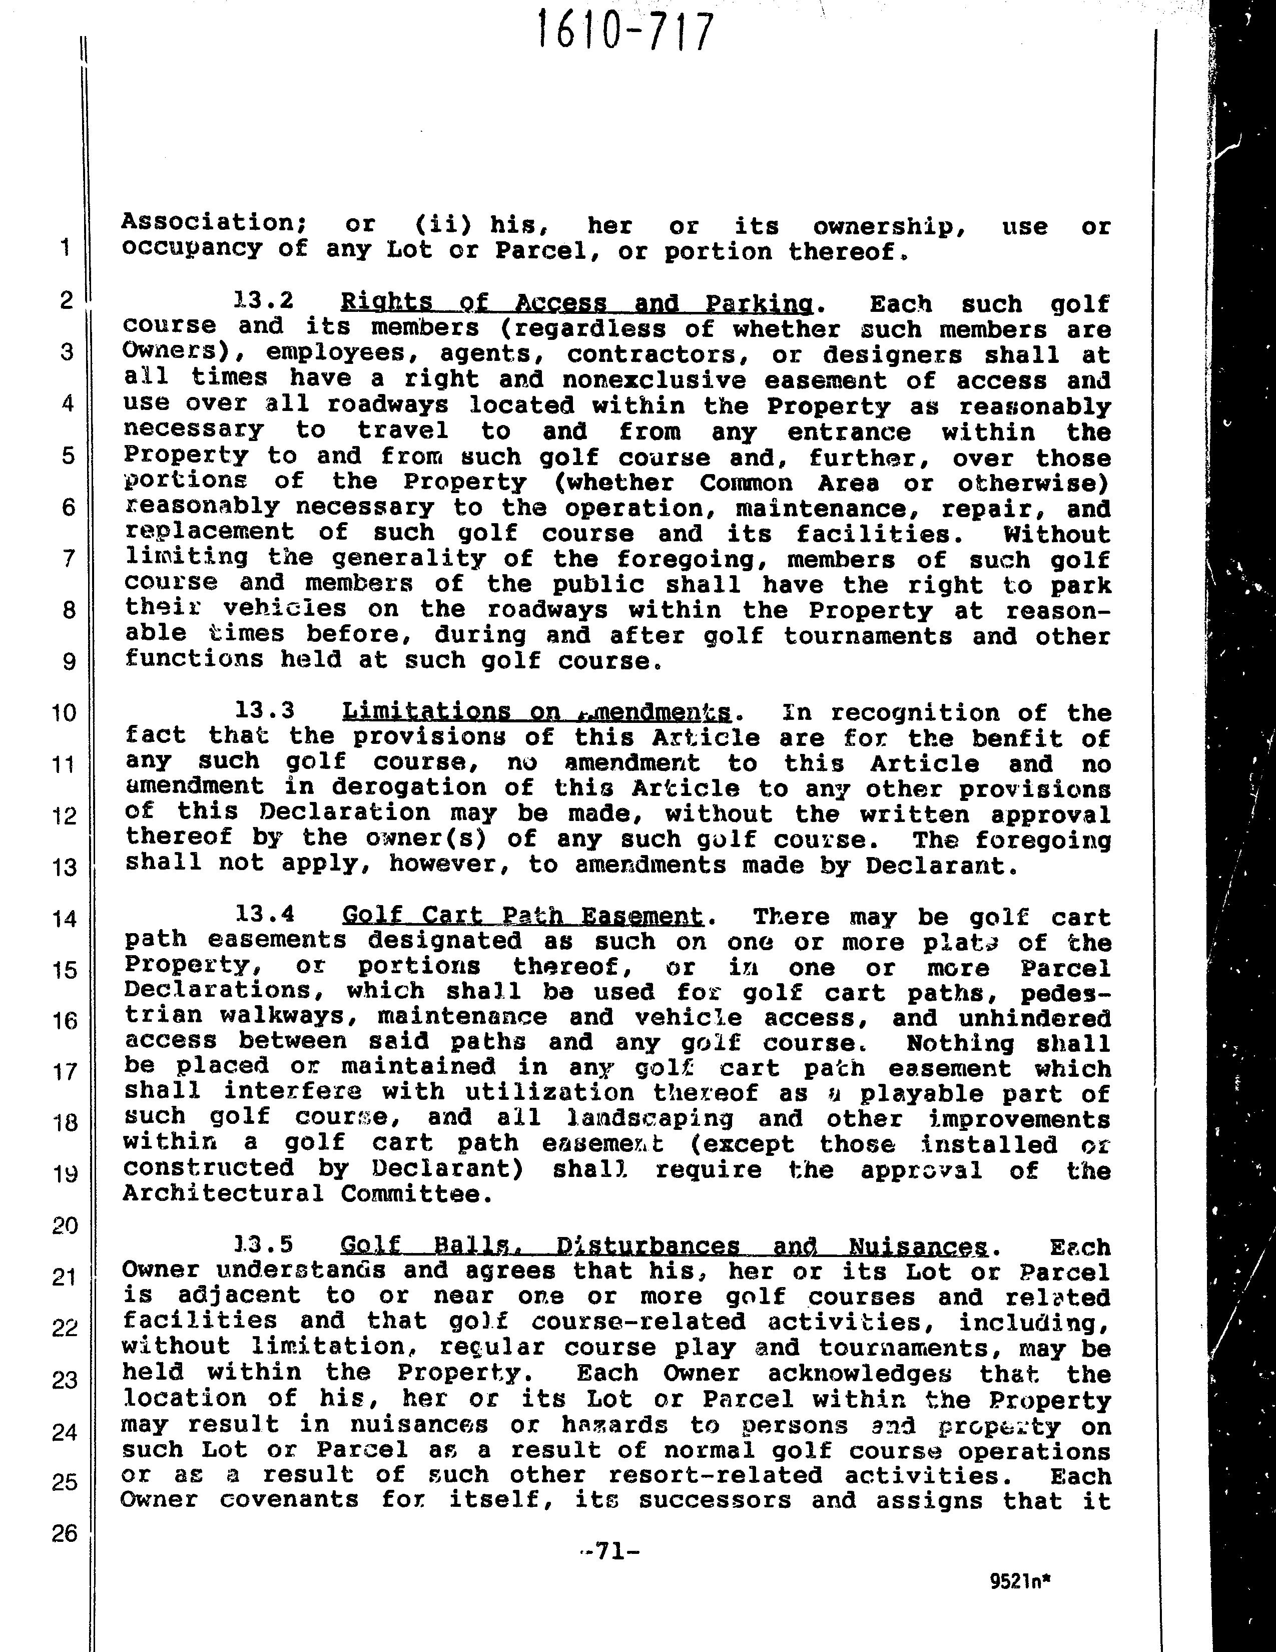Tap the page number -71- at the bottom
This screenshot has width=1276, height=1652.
click(x=609, y=1551)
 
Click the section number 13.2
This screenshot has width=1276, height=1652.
click(x=264, y=300)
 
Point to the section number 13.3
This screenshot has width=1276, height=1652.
click(x=264, y=710)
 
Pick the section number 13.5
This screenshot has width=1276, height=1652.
click(x=264, y=1245)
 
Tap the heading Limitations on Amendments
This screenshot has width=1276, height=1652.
click(x=537, y=712)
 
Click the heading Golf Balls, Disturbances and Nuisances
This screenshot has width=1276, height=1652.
click(x=664, y=1246)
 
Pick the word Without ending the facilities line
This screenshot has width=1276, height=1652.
click(x=1057, y=534)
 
